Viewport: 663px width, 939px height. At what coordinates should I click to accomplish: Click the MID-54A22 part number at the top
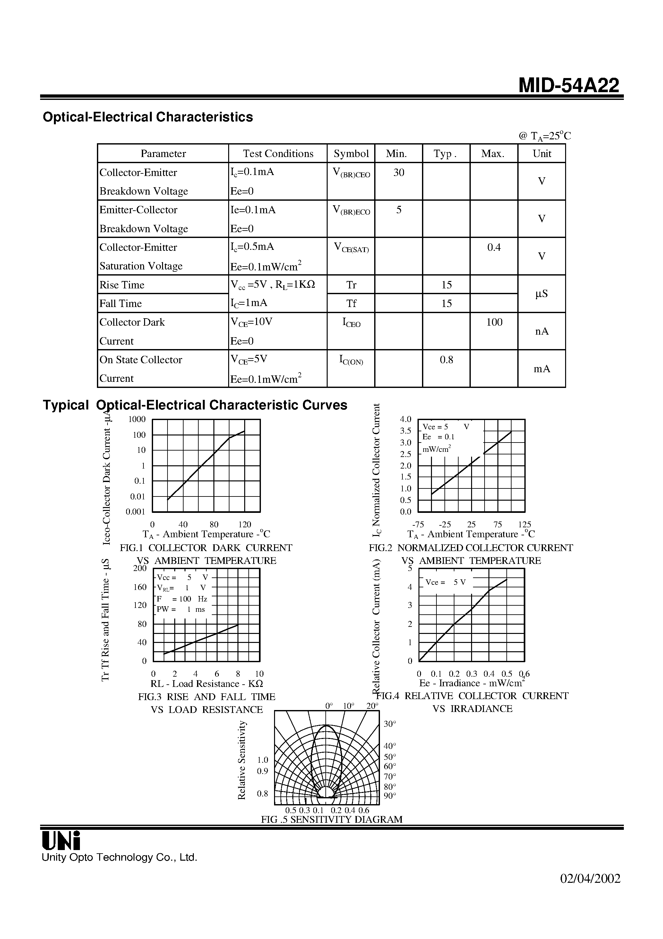click(569, 86)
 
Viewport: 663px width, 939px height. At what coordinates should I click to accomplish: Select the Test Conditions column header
click(278, 154)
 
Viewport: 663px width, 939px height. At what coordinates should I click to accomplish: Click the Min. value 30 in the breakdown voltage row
click(399, 172)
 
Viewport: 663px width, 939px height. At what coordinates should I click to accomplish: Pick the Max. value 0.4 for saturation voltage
click(494, 247)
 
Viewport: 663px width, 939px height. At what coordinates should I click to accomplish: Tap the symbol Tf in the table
click(351, 303)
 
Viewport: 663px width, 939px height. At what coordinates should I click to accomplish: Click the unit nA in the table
click(542, 331)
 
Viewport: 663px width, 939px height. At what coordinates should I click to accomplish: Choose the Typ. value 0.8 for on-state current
click(446, 360)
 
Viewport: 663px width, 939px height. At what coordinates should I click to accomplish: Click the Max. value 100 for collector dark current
click(494, 322)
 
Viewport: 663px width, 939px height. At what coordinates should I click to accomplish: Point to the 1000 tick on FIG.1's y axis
click(137, 419)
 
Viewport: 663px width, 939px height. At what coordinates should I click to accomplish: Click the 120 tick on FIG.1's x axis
click(245, 524)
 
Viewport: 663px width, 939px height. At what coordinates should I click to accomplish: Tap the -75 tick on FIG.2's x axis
click(418, 524)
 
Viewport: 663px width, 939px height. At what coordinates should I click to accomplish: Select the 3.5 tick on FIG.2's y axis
click(406, 431)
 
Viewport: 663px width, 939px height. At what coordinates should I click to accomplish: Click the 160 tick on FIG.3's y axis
click(140, 587)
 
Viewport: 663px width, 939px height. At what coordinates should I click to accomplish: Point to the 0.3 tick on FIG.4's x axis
click(471, 673)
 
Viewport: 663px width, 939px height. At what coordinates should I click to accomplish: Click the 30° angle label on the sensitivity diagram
click(390, 724)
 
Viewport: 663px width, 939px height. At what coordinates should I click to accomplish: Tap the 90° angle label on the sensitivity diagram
click(390, 795)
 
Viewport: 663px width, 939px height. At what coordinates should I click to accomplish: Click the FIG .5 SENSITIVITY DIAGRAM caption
click(331, 819)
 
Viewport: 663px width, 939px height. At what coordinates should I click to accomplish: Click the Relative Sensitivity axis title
click(242, 759)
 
